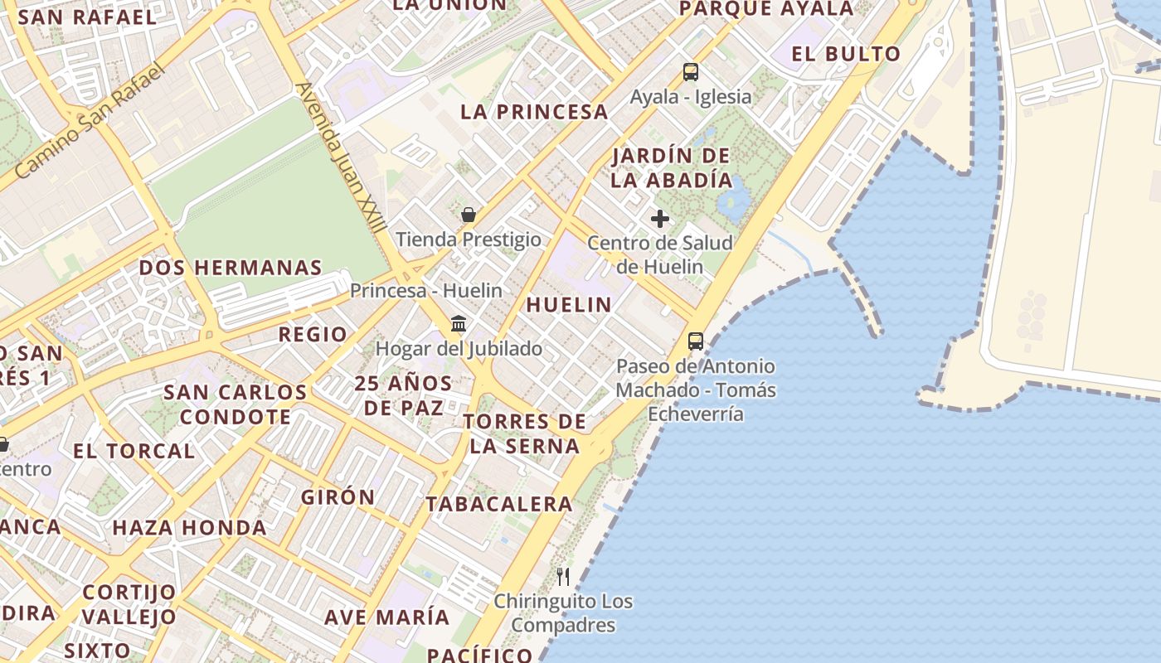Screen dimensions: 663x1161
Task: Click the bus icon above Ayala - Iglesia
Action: tap(691, 72)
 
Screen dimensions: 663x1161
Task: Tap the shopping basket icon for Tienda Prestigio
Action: tap(469, 215)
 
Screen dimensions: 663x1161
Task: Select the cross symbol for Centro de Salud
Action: tap(660, 219)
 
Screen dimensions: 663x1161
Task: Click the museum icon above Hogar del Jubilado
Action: tap(459, 323)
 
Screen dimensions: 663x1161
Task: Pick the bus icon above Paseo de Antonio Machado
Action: tap(696, 341)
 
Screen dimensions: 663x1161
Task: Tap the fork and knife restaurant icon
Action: tap(563, 576)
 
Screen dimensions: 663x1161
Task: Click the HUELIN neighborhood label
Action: tap(569, 304)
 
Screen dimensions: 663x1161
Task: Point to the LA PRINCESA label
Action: tap(534, 112)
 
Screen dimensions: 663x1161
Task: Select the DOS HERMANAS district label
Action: tap(231, 268)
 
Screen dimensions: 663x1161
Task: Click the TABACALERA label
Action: tap(499, 503)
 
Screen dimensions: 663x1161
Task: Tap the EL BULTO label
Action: tap(846, 54)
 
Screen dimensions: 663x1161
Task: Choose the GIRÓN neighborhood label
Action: tap(338, 497)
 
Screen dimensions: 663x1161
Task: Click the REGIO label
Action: tap(313, 334)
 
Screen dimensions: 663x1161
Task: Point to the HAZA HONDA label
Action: tap(190, 527)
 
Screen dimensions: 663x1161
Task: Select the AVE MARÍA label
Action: tap(386, 617)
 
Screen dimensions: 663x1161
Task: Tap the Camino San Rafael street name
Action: tap(90, 120)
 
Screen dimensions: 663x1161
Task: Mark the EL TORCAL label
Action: tap(134, 451)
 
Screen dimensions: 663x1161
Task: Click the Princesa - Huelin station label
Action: tap(426, 290)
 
